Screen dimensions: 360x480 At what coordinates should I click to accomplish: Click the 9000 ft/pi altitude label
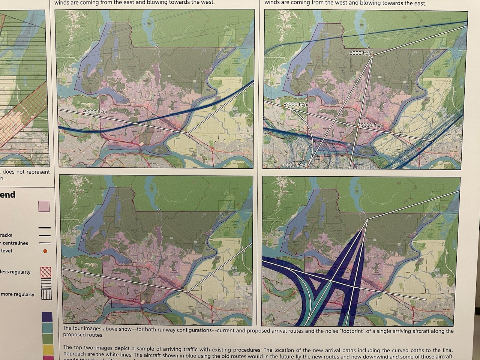(93, 112)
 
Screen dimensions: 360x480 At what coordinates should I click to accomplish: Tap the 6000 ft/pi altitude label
(361, 53)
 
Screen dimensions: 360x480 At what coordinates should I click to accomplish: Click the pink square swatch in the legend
(44, 206)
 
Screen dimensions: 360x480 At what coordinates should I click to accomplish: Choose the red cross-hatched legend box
(45, 272)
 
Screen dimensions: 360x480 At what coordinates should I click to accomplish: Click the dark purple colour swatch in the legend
(47, 317)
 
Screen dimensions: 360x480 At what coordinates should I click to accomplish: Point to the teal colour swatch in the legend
(47, 328)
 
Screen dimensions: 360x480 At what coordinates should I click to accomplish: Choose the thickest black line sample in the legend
(44, 228)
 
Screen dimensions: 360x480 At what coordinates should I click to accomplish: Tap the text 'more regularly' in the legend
(17, 294)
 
